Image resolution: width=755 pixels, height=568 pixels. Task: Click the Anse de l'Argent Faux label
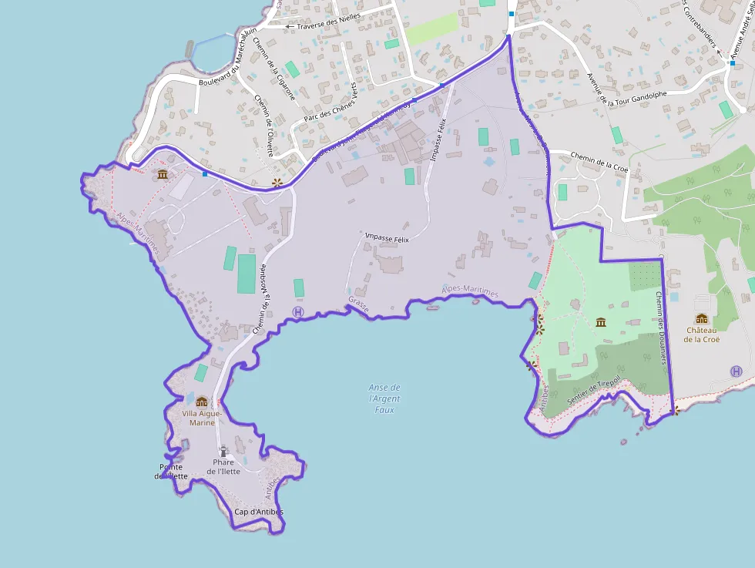coord(384,398)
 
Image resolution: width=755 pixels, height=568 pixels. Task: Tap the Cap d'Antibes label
coord(259,512)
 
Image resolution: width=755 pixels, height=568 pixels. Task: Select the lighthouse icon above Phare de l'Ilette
coord(223,451)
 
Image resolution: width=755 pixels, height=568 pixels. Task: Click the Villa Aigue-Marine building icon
coord(202,402)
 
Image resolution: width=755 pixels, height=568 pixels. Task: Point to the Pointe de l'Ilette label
coord(171,471)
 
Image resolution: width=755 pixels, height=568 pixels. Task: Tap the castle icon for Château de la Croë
coord(701,319)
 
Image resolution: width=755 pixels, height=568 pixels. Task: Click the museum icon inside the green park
coord(601,321)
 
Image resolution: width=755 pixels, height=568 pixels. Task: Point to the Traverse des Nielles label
coord(323,26)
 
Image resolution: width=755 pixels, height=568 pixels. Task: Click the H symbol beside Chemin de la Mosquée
coord(298,312)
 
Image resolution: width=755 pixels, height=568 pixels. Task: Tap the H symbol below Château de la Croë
coord(737,371)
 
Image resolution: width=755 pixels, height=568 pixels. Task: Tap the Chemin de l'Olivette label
coord(263,125)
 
